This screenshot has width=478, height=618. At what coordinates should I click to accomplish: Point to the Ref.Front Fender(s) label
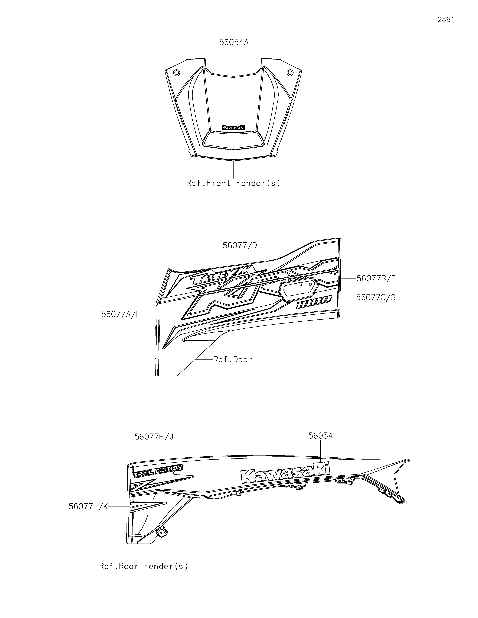[233, 183]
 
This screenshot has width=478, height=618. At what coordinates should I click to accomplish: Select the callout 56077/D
[240, 246]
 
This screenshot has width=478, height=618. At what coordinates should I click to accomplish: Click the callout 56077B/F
[376, 279]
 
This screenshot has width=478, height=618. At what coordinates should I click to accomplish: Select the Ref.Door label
[233, 360]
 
